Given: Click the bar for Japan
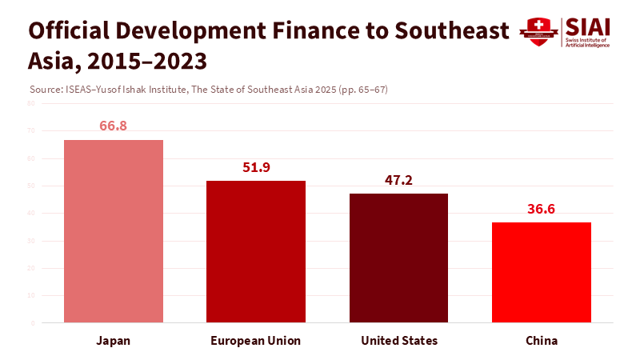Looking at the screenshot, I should click(x=114, y=231).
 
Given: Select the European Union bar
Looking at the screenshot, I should click(x=256, y=251).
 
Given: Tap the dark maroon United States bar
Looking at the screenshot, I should click(x=398, y=258).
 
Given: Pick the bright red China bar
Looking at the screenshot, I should click(x=542, y=272).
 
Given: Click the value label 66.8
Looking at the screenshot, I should click(x=114, y=126).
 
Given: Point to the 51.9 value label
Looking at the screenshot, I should click(x=256, y=167).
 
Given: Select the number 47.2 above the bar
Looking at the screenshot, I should click(x=398, y=180).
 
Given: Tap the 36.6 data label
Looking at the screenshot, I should click(x=542, y=209).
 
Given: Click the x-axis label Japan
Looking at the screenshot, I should click(x=114, y=341).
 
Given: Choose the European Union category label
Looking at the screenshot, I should click(x=256, y=341).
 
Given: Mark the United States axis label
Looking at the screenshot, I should click(x=399, y=341).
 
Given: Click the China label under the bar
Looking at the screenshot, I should click(x=542, y=341).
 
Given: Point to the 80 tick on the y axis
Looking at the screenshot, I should click(x=31, y=103).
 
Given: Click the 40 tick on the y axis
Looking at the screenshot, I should click(x=31, y=213).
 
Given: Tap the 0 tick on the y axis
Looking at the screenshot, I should click(x=33, y=322).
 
